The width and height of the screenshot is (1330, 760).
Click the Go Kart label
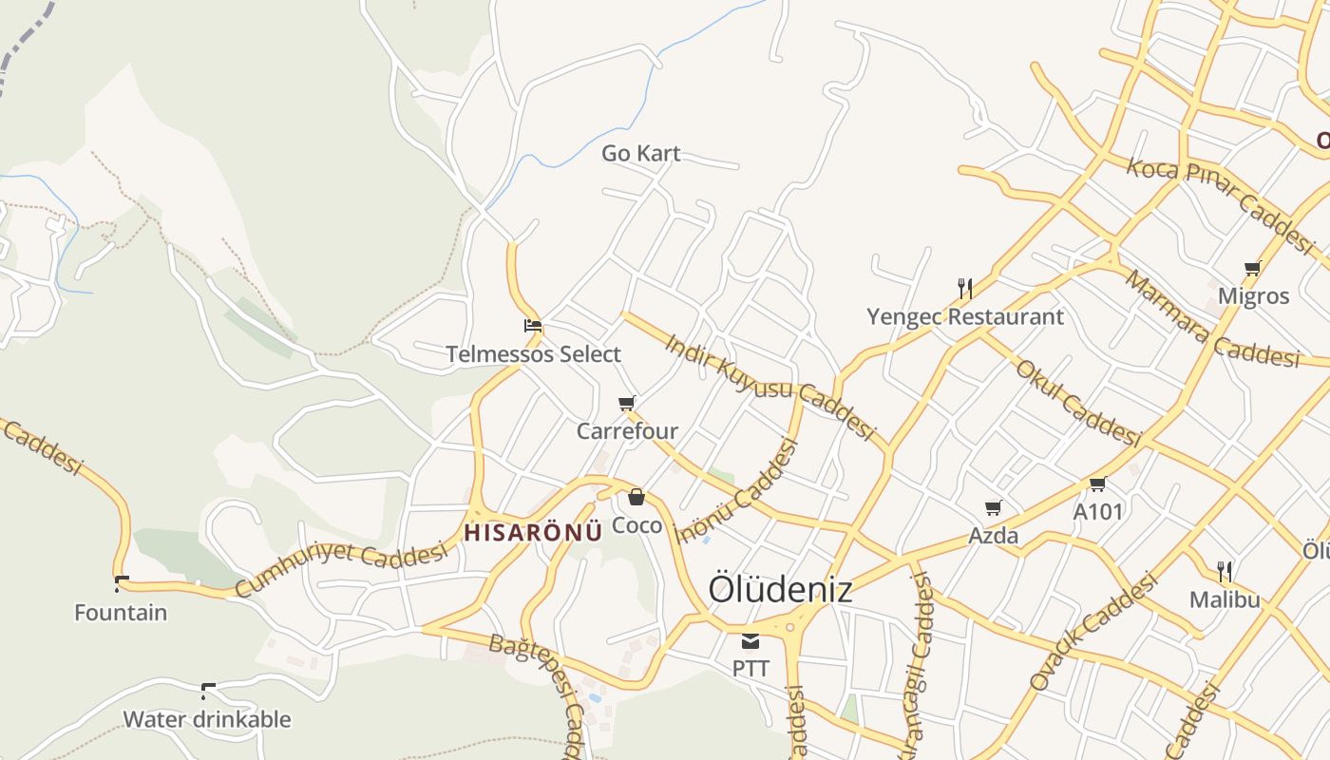[x=641, y=153]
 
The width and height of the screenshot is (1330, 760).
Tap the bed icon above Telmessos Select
[x=533, y=326]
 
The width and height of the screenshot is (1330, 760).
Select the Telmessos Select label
[x=533, y=354]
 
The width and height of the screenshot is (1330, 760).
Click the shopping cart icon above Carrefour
[x=627, y=404]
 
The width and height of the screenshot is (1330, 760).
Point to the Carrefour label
[x=627, y=431]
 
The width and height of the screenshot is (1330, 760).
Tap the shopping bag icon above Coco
[x=636, y=497]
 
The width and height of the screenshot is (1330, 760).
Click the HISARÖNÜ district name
[x=533, y=532]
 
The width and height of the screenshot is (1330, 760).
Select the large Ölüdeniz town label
[x=780, y=589]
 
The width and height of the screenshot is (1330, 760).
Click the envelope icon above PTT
[x=750, y=641]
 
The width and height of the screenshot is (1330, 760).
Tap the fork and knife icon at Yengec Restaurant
[x=965, y=288]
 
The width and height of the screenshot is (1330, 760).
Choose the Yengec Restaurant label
[x=965, y=316]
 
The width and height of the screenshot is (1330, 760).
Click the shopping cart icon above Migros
[x=1253, y=269]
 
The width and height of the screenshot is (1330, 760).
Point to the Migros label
[x=1253, y=295]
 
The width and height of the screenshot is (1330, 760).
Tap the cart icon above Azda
[x=994, y=508]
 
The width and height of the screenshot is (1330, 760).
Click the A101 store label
[x=1098, y=512]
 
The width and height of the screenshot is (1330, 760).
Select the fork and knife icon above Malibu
[x=1225, y=571]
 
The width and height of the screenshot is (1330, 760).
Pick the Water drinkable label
[x=207, y=719]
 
